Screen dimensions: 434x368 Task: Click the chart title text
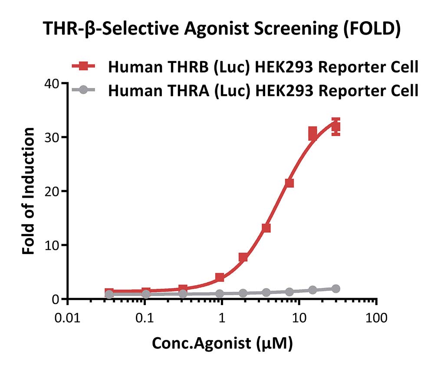click(222, 29)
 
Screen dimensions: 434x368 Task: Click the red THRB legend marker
click(83, 66)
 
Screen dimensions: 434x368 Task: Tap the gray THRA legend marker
click(83, 90)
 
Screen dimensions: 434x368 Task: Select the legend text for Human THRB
click(263, 67)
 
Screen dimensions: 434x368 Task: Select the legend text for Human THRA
click(263, 91)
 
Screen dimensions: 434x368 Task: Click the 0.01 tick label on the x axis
click(68, 318)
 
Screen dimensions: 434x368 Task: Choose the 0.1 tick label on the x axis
click(145, 318)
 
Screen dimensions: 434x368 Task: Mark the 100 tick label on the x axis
click(376, 318)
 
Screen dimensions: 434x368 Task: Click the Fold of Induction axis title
click(28, 191)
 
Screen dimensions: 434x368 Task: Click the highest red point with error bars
click(336, 127)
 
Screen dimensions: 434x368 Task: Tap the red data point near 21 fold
click(289, 183)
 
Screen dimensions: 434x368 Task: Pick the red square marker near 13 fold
click(266, 228)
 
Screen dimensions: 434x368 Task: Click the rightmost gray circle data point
click(336, 289)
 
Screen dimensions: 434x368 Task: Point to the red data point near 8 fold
click(243, 257)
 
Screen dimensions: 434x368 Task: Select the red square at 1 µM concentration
click(220, 277)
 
